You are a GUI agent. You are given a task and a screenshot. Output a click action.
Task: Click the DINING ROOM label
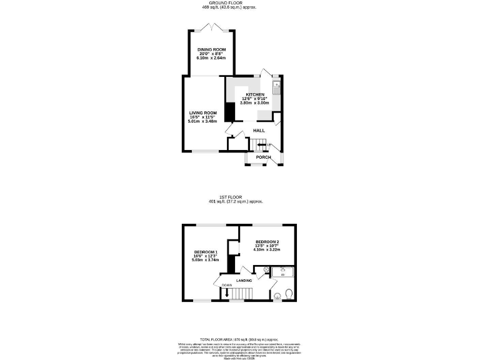click(211, 49)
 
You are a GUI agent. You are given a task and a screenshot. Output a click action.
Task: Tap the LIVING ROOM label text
click(203, 113)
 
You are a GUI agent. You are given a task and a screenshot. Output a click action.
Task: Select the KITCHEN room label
click(254, 94)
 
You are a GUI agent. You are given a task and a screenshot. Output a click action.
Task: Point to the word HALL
click(259, 131)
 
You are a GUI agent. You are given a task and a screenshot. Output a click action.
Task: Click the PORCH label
click(263, 157)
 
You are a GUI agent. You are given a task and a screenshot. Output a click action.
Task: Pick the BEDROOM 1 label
click(204, 252)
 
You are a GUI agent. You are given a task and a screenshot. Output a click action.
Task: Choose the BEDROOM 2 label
click(267, 242)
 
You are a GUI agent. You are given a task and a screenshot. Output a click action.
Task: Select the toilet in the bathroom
click(289, 294)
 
